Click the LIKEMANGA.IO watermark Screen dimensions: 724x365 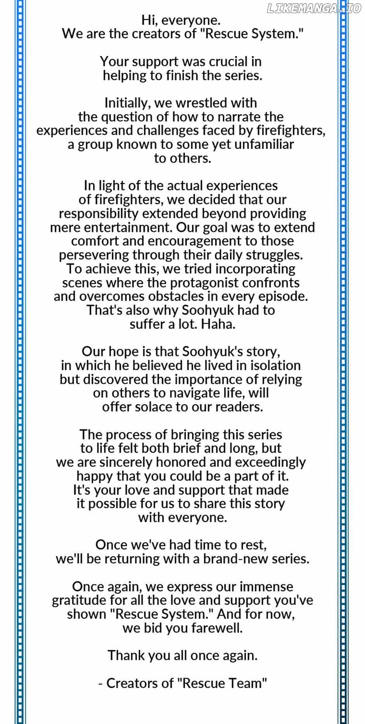[314, 9]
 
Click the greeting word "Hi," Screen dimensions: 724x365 [149, 20]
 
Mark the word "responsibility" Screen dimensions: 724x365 [99, 213]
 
